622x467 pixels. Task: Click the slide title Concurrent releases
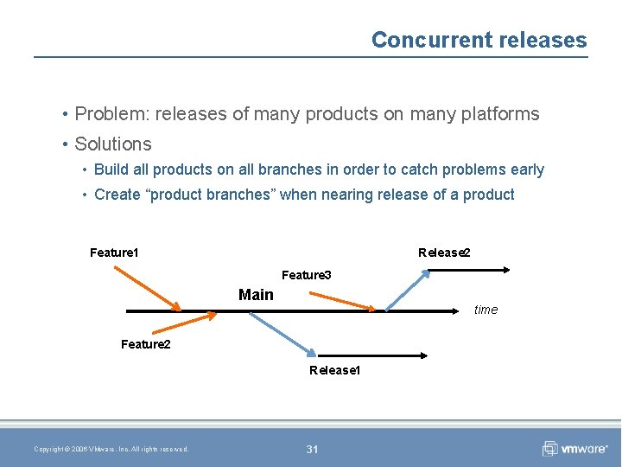pyautogui.click(x=479, y=40)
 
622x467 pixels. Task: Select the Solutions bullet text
pyautogui.click(x=113, y=144)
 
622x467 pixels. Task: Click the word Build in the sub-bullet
pyautogui.click(x=111, y=170)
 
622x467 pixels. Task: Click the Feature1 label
pyautogui.click(x=114, y=253)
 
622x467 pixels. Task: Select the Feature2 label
pyautogui.click(x=145, y=344)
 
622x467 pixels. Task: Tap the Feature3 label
pyautogui.click(x=306, y=275)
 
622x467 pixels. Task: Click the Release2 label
pyautogui.click(x=444, y=253)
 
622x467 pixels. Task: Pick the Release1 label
pyautogui.click(x=334, y=370)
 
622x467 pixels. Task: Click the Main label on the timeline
pyautogui.click(x=256, y=295)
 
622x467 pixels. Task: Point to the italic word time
pyautogui.click(x=486, y=310)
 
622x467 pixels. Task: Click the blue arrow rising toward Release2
pyautogui.click(x=407, y=290)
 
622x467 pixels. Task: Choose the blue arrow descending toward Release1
pyautogui.click(x=283, y=333)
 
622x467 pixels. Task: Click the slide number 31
pyautogui.click(x=312, y=449)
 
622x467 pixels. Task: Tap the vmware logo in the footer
pyautogui.click(x=574, y=448)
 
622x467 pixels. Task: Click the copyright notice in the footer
pyautogui.click(x=111, y=449)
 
